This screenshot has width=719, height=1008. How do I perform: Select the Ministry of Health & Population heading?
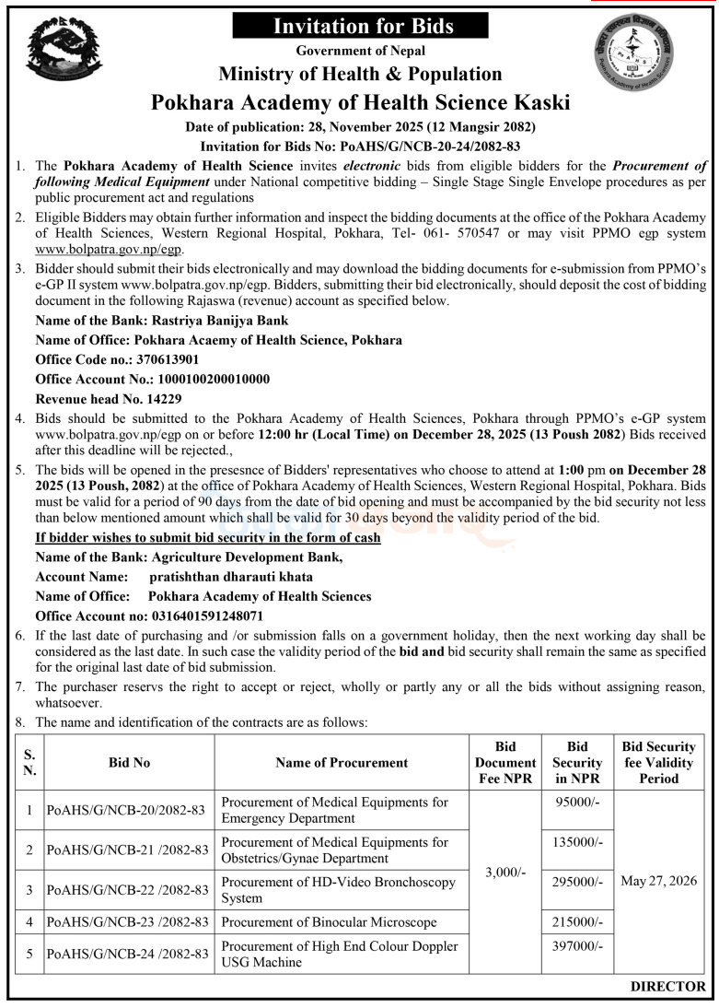[x=360, y=74]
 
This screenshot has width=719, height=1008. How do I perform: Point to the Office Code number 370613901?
[x=161, y=358]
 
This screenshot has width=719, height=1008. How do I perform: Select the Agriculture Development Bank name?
[x=249, y=557]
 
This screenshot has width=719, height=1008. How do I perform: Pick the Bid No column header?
[x=129, y=762]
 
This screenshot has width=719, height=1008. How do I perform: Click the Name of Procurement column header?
[x=341, y=762]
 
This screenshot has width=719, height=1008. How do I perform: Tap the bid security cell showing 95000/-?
[x=578, y=803]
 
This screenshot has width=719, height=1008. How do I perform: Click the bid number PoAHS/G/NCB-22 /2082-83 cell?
[x=129, y=889]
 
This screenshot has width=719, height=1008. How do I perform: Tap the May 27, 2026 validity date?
[x=658, y=881]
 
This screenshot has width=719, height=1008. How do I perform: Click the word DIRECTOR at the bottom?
[x=667, y=987]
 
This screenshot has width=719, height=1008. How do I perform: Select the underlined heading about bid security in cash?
[x=207, y=537]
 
